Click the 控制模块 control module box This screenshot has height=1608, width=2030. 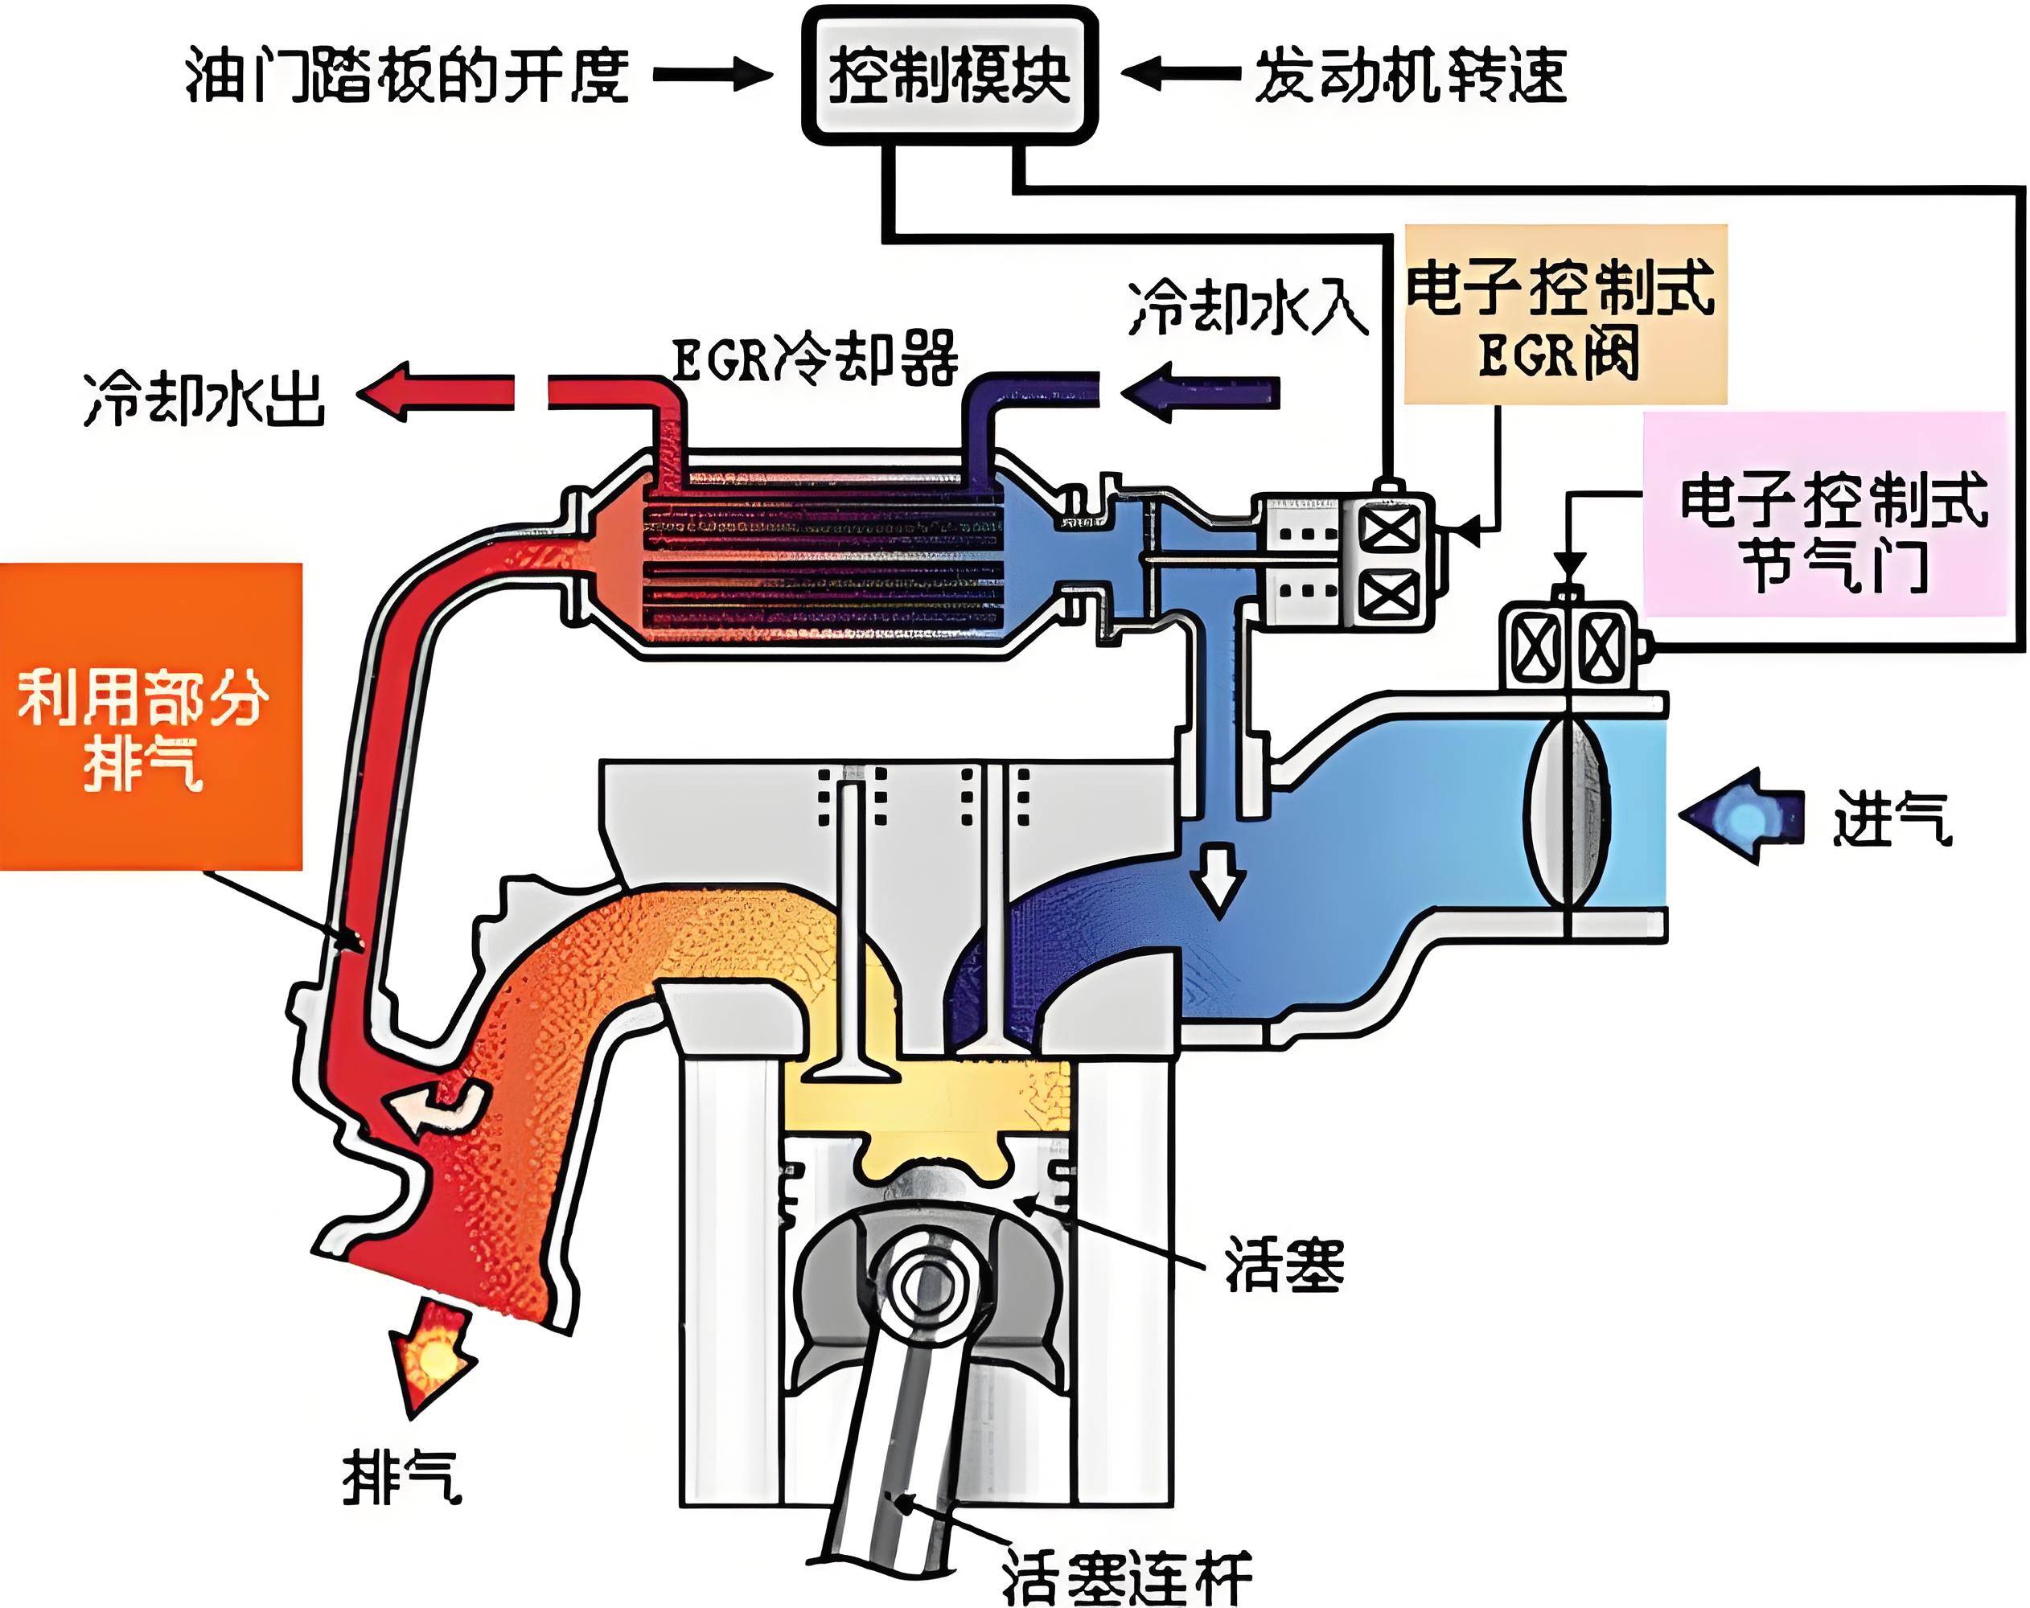[x=949, y=76]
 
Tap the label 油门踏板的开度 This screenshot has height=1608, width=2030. [x=407, y=76]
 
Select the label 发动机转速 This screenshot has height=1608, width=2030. [x=1410, y=76]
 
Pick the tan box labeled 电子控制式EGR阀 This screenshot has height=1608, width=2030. [x=1565, y=314]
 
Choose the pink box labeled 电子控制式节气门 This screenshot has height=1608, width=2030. [x=1824, y=514]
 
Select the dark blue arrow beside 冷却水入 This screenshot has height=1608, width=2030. [x=1202, y=392]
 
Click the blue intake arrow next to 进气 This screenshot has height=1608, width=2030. [x=1742, y=816]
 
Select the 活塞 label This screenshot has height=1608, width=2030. [x=1284, y=1265]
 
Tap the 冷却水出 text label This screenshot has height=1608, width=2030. [x=204, y=399]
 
